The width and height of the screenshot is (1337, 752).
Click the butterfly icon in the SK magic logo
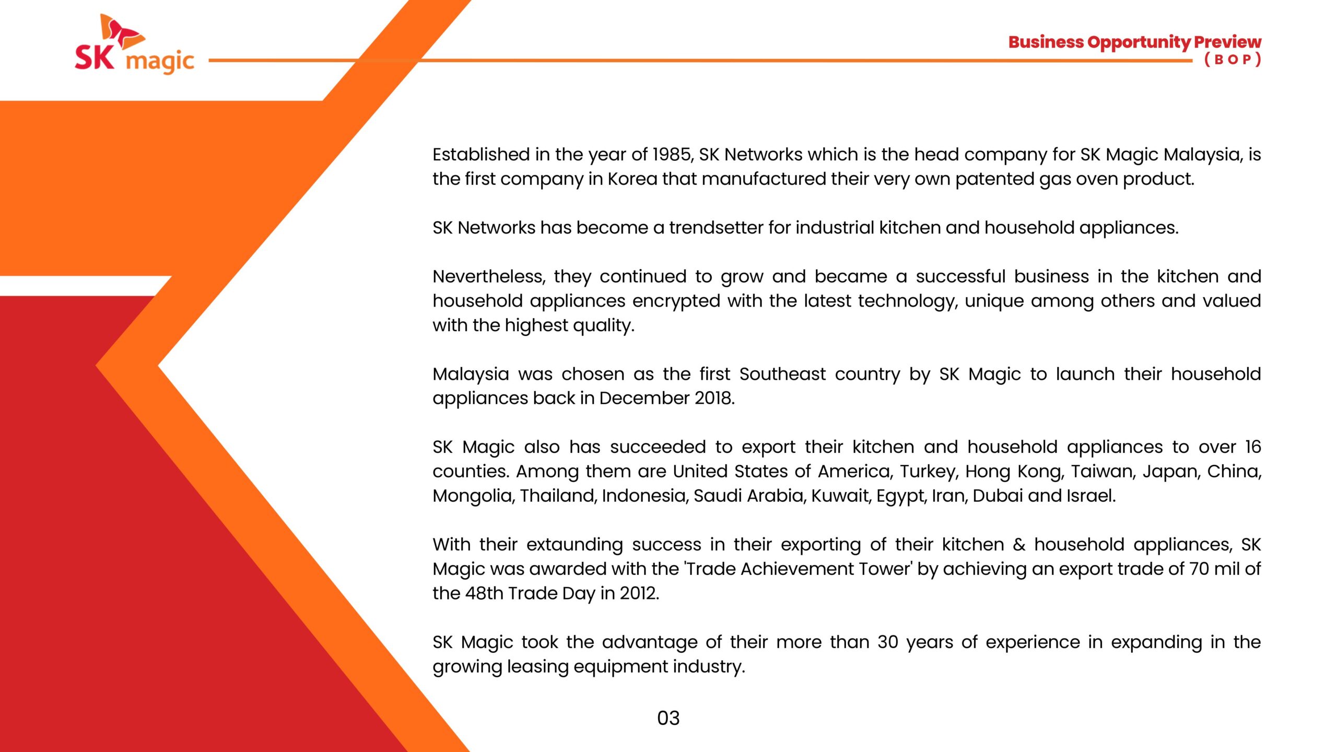(122, 31)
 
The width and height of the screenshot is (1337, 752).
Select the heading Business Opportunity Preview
(1134, 42)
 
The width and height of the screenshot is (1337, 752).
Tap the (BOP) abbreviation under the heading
(1233, 60)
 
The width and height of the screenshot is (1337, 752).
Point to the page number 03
(668, 718)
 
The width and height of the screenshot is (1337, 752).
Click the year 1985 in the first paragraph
(673, 155)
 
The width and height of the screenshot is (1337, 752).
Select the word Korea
(632, 179)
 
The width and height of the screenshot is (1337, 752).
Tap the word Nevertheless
(489, 276)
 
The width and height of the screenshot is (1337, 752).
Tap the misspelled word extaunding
(574, 545)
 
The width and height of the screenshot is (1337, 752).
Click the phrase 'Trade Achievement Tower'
(798, 569)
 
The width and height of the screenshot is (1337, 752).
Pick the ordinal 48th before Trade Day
(484, 593)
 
